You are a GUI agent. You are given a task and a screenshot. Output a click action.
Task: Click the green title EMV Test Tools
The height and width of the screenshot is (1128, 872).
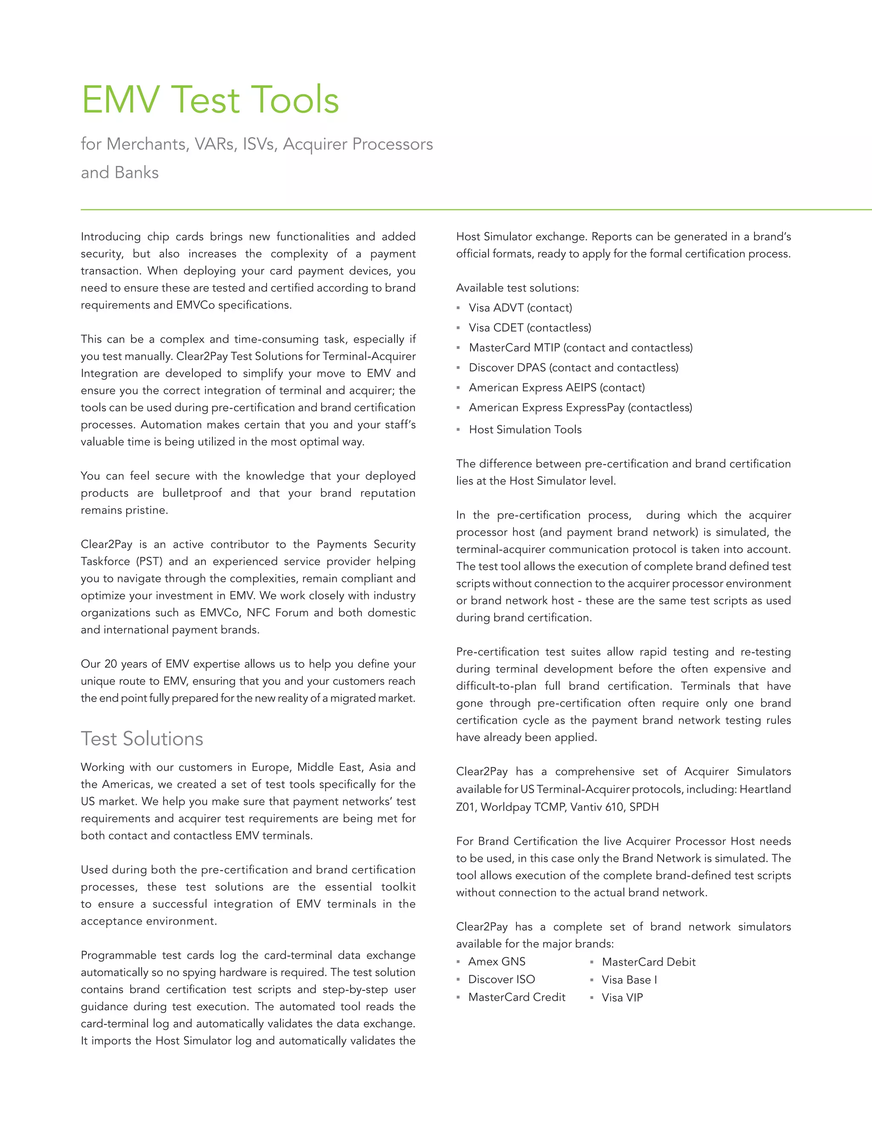pyautogui.click(x=210, y=99)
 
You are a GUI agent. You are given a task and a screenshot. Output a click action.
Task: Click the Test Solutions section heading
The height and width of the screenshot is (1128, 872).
pyautogui.click(x=142, y=739)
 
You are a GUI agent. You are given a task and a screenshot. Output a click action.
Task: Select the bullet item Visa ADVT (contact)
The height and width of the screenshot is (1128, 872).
pyautogui.click(x=520, y=308)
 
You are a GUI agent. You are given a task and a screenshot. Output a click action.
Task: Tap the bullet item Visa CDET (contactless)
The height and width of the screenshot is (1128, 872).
pyautogui.click(x=530, y=328)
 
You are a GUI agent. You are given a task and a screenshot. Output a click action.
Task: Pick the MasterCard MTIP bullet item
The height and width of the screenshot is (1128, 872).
pyautogui.click(x=580, y=348)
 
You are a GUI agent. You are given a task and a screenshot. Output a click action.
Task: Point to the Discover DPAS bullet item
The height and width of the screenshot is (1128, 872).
pyautogui.click(x=574, y=368)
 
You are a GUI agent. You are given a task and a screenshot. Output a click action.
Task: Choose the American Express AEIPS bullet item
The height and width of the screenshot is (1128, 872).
pyautogui.click(x=556, y=387)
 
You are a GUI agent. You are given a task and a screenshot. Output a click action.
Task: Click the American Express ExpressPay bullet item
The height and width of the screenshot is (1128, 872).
pyautogui.click(x=580, y=407)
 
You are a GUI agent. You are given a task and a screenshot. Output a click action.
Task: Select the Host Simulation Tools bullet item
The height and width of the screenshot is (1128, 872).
pyautogui.click(x=525, y=430)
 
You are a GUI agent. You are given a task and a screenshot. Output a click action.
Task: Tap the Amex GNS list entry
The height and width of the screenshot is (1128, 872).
pyautogui.click(x=496, y=962)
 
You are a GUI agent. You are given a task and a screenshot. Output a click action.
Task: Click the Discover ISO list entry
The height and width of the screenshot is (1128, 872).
pyautogui.click(x=501, y=979)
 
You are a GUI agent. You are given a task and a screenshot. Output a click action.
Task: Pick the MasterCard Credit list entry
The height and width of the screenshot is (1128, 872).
pyautogui.click(x=516, y=997)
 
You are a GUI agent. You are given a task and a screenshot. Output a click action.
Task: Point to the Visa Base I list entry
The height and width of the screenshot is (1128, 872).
pyautogui.click(x=629, y=980)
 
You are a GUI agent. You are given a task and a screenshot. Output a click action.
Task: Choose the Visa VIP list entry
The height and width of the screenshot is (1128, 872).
pyautogui.click(x=622, y=998)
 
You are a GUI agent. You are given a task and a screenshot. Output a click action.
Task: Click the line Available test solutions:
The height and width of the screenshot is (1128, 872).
pyautogui.click(x=517, y=288)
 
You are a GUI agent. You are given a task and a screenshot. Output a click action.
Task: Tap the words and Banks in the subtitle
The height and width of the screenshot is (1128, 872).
pyautogui.click(x=120, y=172)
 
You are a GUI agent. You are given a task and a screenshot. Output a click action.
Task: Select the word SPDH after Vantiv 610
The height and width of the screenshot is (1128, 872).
pyautogui.click(x=644, y=807)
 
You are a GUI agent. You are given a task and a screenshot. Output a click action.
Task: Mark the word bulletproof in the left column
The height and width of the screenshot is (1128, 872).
pyautogui.click(x=192, y=493)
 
